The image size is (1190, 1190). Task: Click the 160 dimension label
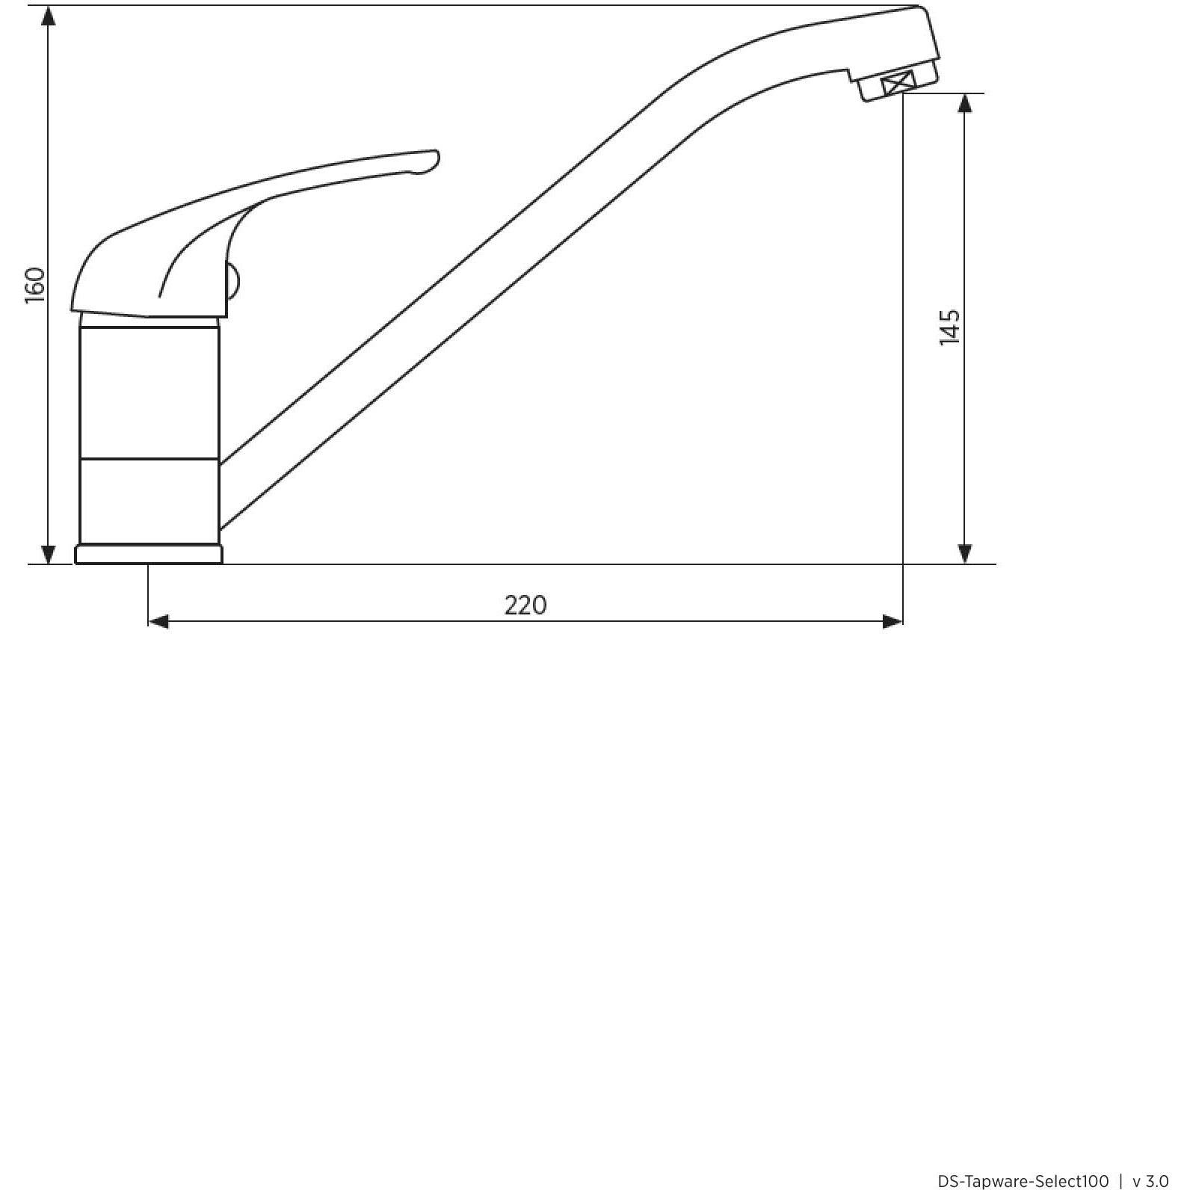pos(35,286)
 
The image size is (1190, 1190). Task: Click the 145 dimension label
pos(949,327)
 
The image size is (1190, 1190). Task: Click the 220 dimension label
pos(525,605)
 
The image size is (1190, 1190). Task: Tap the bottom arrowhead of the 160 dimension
pos(49,554)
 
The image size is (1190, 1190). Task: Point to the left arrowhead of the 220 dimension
pos(158,621)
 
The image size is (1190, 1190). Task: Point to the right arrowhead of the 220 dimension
pos(892,621)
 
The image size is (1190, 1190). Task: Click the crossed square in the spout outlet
pos(898,83)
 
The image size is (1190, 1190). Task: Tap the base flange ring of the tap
pos(149,554)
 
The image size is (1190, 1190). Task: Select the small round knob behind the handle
pos(233,283)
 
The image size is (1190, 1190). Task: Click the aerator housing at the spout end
pos(897,83)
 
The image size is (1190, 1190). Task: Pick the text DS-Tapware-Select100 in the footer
pos(1023,1180)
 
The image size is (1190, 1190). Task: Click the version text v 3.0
pos(1150,1180)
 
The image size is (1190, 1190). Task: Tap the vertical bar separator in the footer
pos(1120,1180)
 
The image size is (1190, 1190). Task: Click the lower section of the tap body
pos(149,500)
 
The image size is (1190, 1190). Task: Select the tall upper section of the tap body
pos(149,389)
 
